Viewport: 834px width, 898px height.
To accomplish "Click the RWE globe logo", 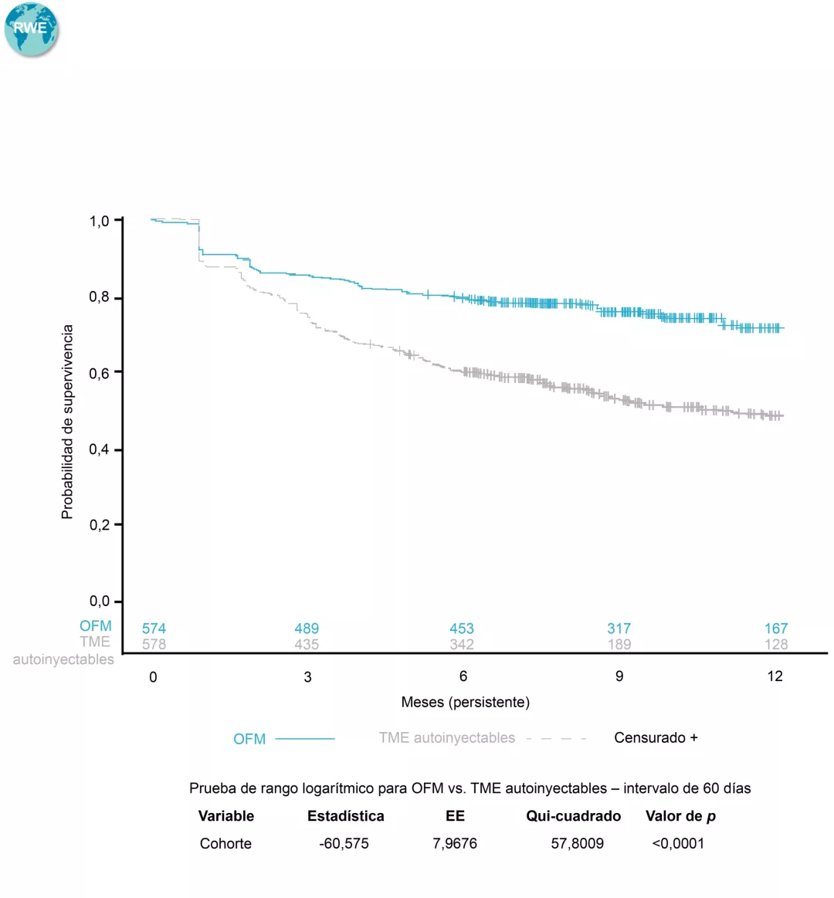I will click(x=31, y=30).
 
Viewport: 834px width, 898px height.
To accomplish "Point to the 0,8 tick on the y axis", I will click(x=100, y=297).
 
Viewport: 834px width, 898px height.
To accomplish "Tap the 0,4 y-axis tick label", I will click(x=100, y=449).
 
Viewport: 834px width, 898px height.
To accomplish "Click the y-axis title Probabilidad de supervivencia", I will click(x=68, y=422).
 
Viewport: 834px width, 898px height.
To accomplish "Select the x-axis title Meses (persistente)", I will click(x=465, y=702).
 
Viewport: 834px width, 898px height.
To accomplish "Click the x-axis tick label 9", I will click(x=619, y=676).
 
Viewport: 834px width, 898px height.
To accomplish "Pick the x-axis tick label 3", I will click(x=307, y=677).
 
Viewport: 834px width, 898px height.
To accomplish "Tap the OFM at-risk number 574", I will click(x=154, y=629).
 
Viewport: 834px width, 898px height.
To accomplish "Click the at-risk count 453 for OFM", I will click(x=462, y=629).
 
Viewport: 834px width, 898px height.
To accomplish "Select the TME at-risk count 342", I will click(x=462, y=644).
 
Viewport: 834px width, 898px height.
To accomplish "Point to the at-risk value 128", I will click(x=776, y=644).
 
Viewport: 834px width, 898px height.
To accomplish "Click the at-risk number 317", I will click(x=619, y=629).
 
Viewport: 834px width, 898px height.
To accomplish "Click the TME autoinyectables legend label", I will click(x=446, y=737).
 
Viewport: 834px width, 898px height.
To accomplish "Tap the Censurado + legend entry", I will click(x=656, y=737).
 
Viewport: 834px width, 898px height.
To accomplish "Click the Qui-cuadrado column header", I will click(x=573, y=816).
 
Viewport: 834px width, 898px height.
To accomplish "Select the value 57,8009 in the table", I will click(x=577, y=843).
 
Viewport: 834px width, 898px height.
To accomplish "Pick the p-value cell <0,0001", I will click(x=678, y=843).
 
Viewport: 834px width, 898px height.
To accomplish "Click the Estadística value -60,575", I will click(x=344, y=843).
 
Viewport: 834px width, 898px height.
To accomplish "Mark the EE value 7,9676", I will click(x=455, y=843).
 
